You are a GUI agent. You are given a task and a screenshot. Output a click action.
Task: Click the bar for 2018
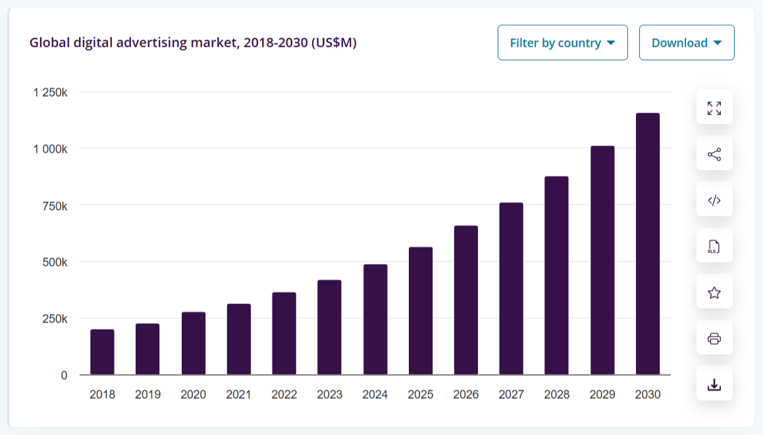pos(102,352)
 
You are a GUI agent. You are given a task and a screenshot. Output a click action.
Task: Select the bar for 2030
pos(648,243)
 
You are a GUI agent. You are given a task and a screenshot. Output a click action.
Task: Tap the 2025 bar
pos(421,311)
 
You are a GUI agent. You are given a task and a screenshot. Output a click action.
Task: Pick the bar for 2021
pos(239,339)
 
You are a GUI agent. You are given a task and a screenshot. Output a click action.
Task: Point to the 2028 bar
pos(557,275)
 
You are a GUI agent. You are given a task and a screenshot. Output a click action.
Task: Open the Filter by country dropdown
pos(562,43)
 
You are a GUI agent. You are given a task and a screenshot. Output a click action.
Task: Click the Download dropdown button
pos(687,43)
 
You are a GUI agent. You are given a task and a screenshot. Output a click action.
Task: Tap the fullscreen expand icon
pos(714,108)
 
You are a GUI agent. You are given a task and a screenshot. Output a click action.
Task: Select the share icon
pos(714,154)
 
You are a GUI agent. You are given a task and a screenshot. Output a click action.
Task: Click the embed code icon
pos(714,201)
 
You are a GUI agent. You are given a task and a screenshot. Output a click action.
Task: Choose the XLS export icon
pos(714,247)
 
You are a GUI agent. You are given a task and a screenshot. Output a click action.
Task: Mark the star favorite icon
pos(714,292)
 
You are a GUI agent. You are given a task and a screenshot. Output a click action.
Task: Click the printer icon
pos(714,339)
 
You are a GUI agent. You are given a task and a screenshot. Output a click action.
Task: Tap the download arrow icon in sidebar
pos(714,385)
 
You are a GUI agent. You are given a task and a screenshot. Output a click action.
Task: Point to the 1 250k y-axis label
pos(50,92)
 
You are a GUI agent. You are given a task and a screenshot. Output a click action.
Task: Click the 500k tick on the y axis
pos(55,263)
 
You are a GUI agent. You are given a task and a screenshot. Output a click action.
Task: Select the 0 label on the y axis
pos(64,375)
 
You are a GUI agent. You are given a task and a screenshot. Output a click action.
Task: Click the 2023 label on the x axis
pos(329,394)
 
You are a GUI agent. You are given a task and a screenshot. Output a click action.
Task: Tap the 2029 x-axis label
pos(602,394)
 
